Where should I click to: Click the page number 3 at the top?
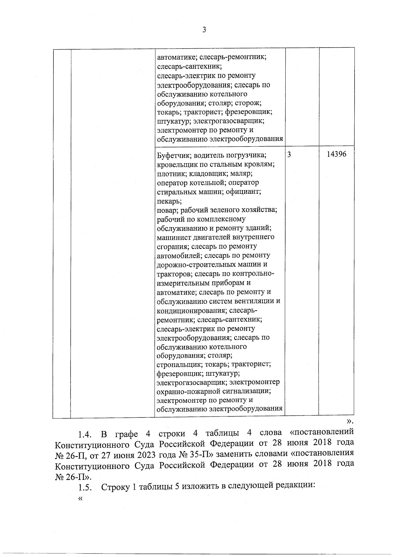pyautogui.click(x=204, y=30)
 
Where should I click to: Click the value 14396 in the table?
pyautogui.click(x=336, y=154)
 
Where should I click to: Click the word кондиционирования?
pyautogui.click(x=191, y=310)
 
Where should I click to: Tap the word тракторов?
pyautogui.click(x=174, y=274)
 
